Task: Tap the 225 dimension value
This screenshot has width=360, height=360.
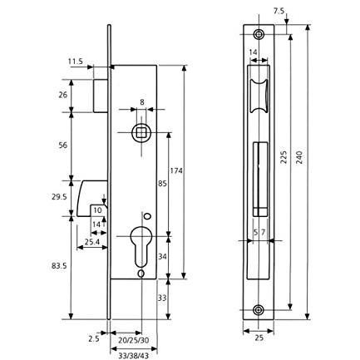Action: click(284, 157)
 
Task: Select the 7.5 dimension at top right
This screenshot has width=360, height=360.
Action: click(279, 12)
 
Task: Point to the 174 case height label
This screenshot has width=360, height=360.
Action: click(176, 170)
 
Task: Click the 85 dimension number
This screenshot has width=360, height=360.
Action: click(162, 184)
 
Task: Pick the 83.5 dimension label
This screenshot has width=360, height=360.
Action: click(59, 266)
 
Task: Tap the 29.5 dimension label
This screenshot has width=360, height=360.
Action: click(59, 197)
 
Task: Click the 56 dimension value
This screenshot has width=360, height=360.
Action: click(63, 145)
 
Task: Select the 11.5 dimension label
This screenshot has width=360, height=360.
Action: click(76, 62)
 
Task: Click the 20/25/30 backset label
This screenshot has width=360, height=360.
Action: click(134, 341)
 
